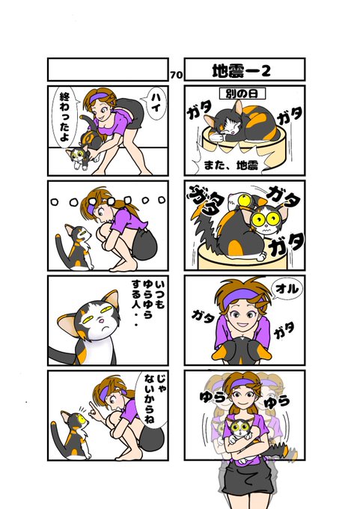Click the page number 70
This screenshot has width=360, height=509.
pyautogui.click(x=176, y=75)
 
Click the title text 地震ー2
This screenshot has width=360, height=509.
pyautogui.click(x=241, y=70)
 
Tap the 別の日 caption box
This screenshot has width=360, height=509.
pyautogui.click(x=242, y=94)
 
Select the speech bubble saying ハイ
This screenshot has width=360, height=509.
pyautogui.click(x=154, y=103)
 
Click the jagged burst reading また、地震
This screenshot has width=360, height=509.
pyautogui.click(x=231, y=165)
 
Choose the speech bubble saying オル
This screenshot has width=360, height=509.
pyautogui.click(x=287, y=289)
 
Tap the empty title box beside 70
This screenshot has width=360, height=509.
pyautogui.click(x=108, y=70)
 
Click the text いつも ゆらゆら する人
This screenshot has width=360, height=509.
pyautogui.click(x=148, y=302)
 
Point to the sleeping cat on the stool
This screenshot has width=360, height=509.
pyautogui.click(x=242, y=122)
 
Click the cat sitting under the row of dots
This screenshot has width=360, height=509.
pyautogui.click(x=76, y=248)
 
